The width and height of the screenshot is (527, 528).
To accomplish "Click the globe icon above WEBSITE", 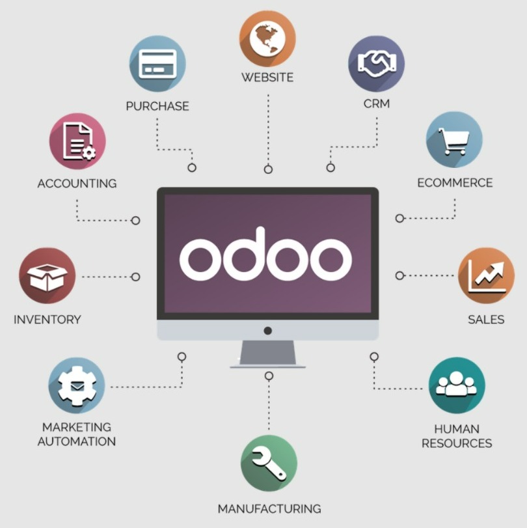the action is pos(267,38).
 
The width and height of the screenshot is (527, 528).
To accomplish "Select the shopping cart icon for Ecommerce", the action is pos(454,140).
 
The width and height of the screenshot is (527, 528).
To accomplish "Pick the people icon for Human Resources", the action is pos(457,385).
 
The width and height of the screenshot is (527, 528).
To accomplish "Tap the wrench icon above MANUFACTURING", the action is pos(269,463).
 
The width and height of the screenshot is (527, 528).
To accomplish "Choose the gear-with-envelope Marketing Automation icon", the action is pos(77,385).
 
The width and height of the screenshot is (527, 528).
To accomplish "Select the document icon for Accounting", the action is pos(77,141).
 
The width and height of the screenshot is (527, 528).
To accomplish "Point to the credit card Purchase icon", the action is pos(157,64).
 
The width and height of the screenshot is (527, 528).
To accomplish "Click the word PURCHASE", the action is pos(157,106).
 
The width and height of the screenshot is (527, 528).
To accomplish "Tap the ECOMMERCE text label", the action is pos(455,182).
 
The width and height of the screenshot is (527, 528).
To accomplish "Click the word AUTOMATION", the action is pos(77,441).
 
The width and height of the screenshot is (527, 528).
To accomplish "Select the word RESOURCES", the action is pos(457,443).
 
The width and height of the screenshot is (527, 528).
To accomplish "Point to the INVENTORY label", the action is pos(47,319).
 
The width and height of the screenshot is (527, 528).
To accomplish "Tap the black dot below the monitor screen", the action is pos(268,331).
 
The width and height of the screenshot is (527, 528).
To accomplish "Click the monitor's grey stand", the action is pos(268,354).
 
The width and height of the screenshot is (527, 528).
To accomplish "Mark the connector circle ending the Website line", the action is pos(268,169).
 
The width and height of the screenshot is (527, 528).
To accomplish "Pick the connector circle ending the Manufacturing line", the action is pos(269,376).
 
